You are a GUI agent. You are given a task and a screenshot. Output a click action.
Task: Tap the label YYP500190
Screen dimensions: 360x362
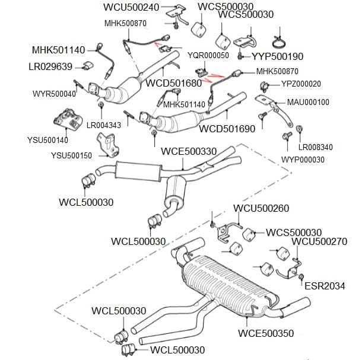pos(278,57)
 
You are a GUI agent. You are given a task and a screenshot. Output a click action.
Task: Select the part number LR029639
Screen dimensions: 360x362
pos(50,66)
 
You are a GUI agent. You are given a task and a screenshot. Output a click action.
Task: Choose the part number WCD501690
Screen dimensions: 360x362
pos(227,128)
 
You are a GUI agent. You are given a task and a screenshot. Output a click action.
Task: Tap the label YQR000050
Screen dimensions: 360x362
pos(208,55)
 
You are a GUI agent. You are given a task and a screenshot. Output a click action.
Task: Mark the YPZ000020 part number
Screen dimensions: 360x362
pos(301,84)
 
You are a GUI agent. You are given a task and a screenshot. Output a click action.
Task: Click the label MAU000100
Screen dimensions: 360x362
pos(307,102)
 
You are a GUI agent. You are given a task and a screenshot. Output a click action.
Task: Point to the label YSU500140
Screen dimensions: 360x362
pos(47,140)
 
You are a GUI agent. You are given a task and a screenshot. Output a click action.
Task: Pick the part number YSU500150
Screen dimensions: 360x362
pos(71,155)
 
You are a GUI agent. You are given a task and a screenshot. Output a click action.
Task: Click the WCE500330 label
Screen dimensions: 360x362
pos(189,152)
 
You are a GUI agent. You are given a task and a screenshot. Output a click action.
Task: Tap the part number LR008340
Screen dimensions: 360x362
pos(315,147)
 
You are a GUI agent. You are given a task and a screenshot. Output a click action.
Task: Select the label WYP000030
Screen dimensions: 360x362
pos(303,160)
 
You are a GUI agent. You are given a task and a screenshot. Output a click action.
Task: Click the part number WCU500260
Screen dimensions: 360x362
pos(261,208)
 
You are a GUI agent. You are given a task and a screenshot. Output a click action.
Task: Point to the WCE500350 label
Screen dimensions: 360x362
pos(266,333)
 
